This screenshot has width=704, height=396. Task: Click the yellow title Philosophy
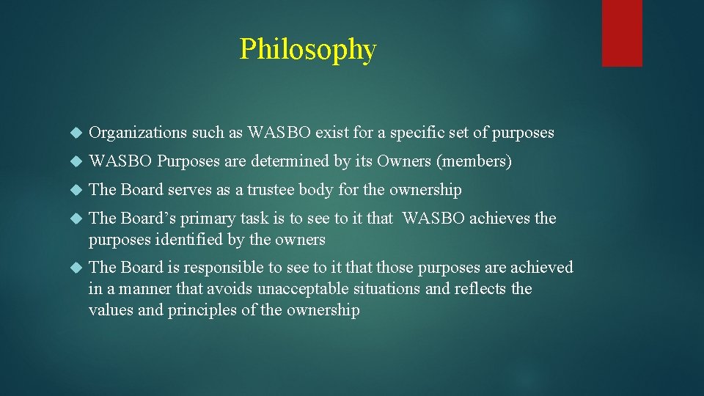(x=307, y=50)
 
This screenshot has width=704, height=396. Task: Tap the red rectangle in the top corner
(x=622, y=33)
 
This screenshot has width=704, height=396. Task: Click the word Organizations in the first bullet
(x=138, y=133)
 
